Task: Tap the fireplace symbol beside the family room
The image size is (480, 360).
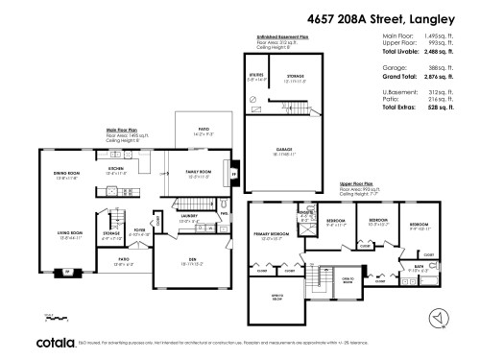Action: click(236, 174)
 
